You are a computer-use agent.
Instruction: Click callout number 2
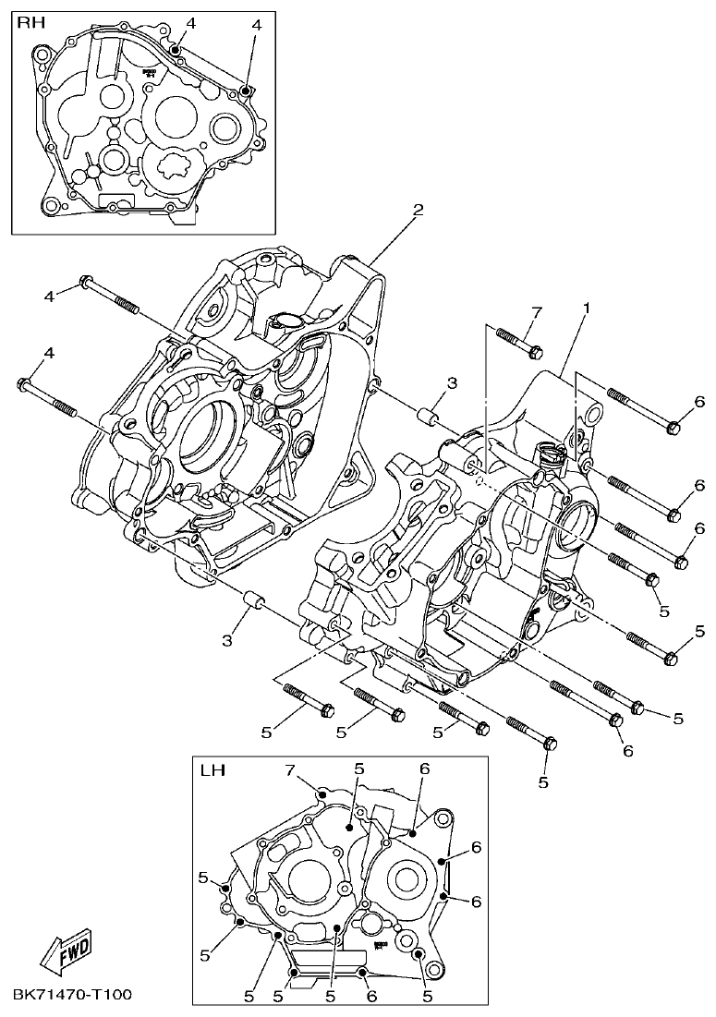(418, 211)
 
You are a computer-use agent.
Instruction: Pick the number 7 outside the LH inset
(535, 312)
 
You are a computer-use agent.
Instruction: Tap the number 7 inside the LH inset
(288, 770)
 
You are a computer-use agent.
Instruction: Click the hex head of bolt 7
(535, 351)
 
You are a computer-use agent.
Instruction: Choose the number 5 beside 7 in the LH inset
(359, 769)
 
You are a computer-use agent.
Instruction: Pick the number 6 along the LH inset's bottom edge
(370, 996)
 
